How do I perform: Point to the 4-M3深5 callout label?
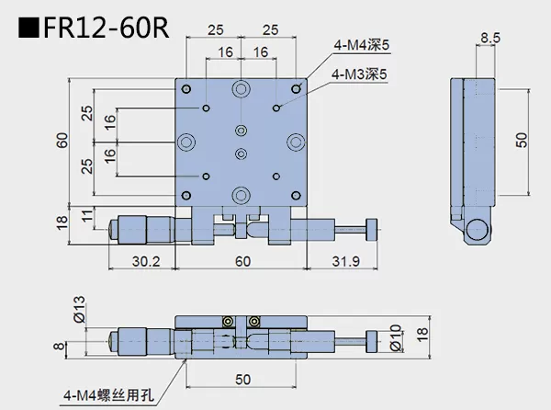(x=362, y=74)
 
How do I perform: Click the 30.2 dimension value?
(x=141, y=262)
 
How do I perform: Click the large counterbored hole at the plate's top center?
(x=242, y=89)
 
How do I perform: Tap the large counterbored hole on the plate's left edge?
(x=187, y=142)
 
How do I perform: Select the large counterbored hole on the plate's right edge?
(x=296, y=142)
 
